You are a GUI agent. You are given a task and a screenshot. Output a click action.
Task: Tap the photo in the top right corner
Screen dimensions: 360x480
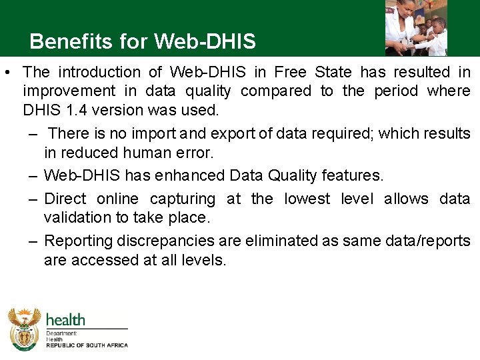click(x=416, y=27)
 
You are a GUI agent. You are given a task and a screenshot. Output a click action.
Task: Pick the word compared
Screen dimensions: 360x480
click(x=275, y=91)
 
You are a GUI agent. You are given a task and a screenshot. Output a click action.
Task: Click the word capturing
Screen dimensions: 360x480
click(x=183, y=199)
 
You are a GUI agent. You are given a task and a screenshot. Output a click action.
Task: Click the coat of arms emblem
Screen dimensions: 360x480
click(x=24, y=328)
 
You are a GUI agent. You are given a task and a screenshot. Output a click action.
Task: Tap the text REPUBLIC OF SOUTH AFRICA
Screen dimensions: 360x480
click(x=86, y=345)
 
